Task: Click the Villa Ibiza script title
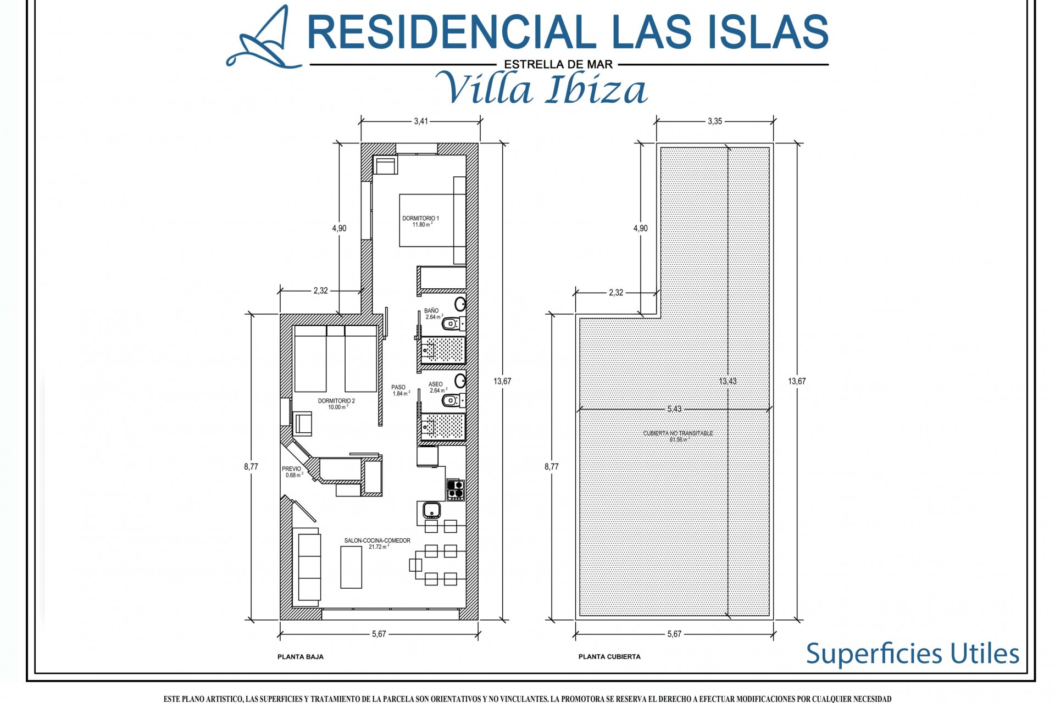(547, 88)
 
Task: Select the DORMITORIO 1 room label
(420, 221)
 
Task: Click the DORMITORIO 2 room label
(336, 404)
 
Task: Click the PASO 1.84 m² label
(399, 390)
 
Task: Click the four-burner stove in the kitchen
(456, 489)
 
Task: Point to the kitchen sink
(432, 511)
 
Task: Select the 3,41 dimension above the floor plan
(421, 121)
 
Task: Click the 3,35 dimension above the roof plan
(715, 121)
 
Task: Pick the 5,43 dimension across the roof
(674, 409)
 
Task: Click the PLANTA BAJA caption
(301, 657)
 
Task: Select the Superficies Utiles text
(912, 654)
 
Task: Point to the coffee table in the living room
(352, 567)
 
